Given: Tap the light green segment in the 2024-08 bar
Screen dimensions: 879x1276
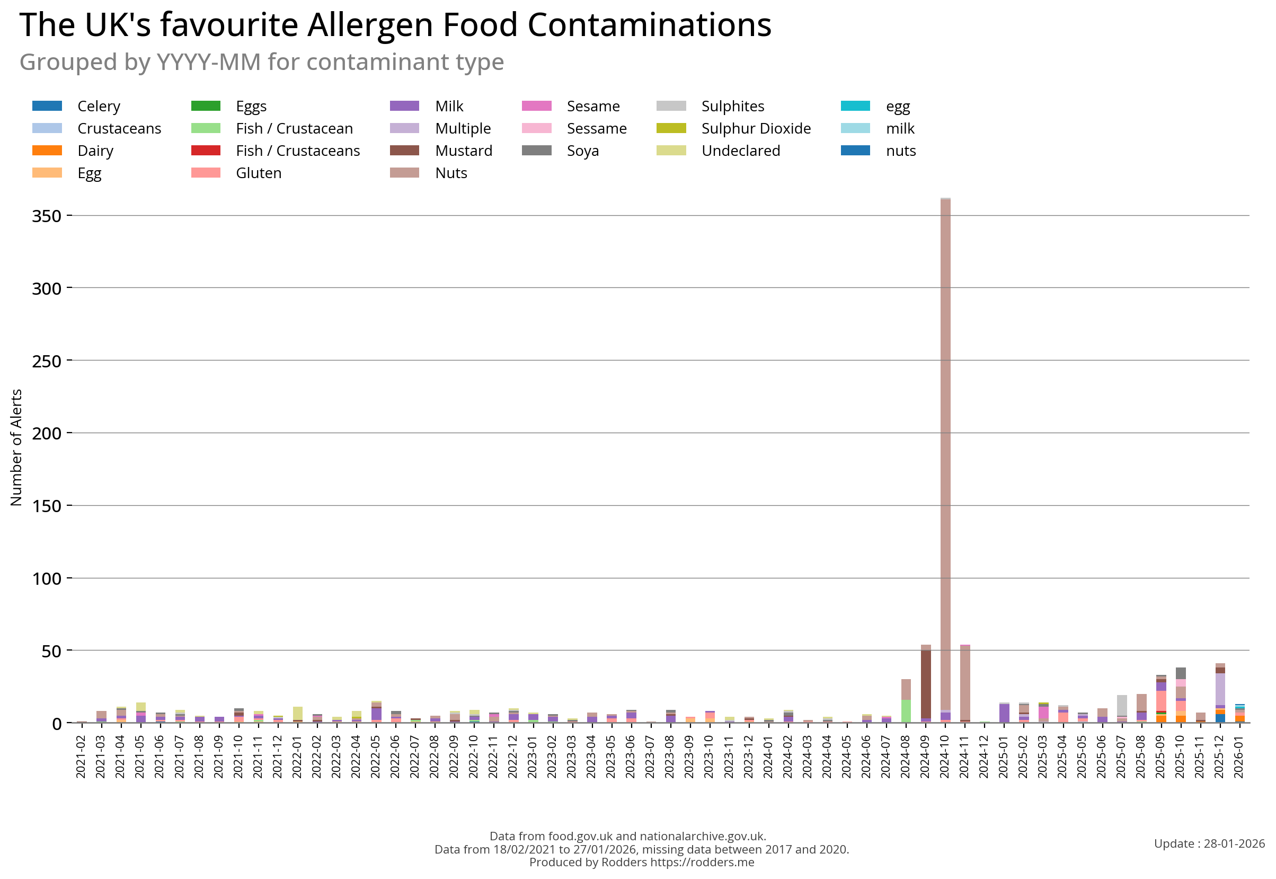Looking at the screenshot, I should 906,711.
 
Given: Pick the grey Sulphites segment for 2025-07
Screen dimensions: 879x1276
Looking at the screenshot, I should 1122,705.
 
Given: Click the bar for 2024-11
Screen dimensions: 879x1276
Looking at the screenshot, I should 965,683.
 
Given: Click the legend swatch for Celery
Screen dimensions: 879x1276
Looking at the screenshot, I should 47,106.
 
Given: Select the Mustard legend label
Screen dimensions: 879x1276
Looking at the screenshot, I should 464,151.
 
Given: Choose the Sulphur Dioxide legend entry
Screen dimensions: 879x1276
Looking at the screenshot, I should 756,129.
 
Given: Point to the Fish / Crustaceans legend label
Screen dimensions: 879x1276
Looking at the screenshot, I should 298,151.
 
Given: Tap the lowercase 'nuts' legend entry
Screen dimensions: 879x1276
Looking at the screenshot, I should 901,151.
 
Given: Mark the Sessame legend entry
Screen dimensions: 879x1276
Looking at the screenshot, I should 597,129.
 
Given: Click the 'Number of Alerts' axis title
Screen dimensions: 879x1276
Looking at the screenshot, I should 16,447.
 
